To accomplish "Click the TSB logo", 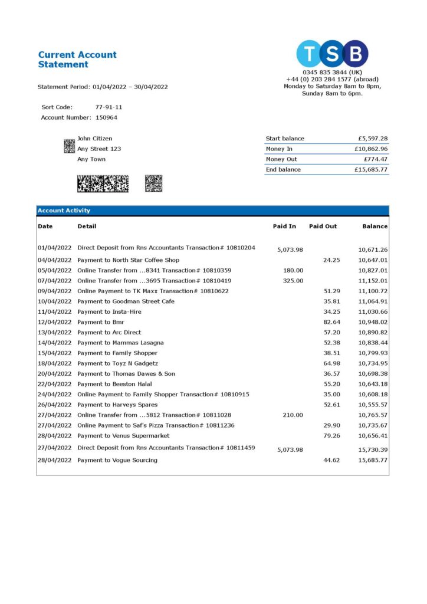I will (332, 54).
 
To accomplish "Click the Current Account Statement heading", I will (77, 60).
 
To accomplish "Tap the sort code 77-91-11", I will (109, 107).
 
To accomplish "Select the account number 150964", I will (106, 117).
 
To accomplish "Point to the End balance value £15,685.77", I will (371, 170).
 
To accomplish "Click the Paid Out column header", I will (323, 226).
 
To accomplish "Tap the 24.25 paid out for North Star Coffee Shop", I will (331, 260).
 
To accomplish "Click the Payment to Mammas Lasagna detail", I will (121, 343).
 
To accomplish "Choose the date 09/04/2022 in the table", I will (54, 291).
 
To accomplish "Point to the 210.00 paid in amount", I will (293, 415).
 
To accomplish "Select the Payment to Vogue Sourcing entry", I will (117, 460).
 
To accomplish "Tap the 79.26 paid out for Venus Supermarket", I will (331, 436).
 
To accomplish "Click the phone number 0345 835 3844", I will (332, 73).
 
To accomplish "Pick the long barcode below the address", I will (103, 184).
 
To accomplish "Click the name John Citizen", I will (96, 139).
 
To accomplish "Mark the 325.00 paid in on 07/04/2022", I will (293, 281).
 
